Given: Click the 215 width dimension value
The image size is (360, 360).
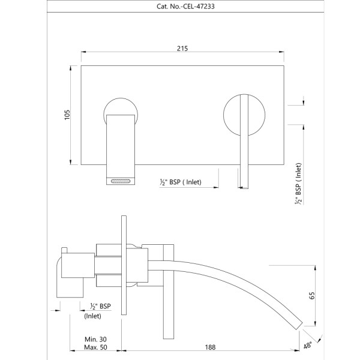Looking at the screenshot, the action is (182, 49).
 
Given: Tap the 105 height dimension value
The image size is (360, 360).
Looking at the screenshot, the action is (67, 115).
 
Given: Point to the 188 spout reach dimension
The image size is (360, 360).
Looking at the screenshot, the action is (210, 347).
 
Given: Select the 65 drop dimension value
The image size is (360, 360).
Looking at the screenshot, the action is (312, 295).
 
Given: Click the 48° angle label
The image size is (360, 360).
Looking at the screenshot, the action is (308, 346).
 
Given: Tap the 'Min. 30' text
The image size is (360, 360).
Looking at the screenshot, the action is (95, 339).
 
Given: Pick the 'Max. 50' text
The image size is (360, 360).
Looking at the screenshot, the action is (95, 347).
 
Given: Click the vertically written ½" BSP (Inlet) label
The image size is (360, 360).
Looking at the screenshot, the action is (298, 184).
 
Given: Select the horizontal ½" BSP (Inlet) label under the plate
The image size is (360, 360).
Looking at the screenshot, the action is (181, 182).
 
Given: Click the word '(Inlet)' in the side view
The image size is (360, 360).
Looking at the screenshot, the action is (92, 316).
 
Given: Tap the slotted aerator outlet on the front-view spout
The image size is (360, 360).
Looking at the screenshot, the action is (121, 181).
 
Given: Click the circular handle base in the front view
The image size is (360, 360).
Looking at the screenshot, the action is (244, 115).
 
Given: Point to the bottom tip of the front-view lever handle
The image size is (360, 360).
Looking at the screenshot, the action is (244, 188).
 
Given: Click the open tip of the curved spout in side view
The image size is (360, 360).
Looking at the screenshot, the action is (299, 326).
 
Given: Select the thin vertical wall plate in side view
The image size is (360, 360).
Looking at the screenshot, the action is (124, 265).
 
